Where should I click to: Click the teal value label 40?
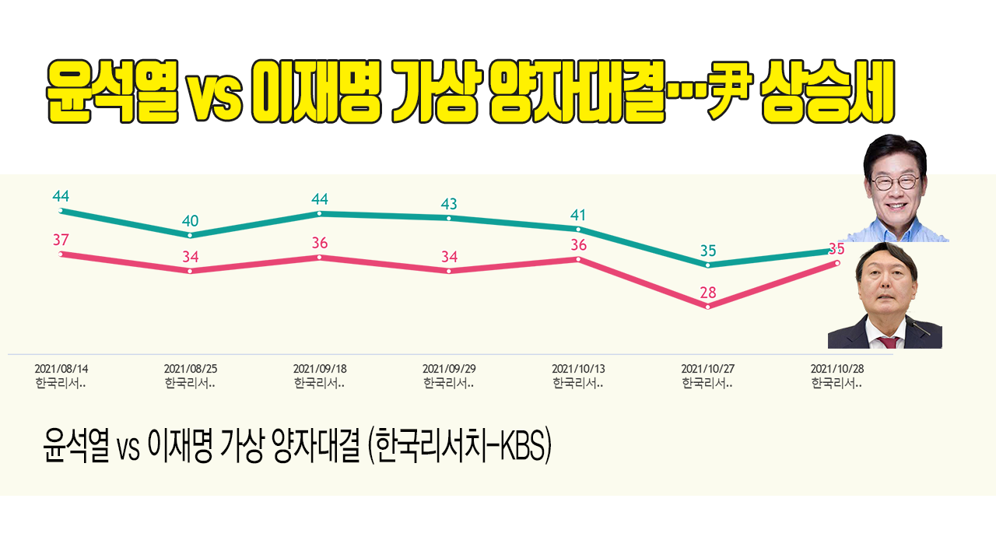(190, 220)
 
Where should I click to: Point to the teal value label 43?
(449, 204)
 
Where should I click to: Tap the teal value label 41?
(578, 215)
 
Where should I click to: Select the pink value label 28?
(707, 293)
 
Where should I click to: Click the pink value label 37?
(61, 240)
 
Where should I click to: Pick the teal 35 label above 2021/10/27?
(708, 251)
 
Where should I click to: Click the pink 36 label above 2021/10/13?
(578, 245)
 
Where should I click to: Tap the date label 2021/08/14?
(61, 368)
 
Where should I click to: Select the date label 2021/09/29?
(448, 368)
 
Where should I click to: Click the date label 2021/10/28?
(836, 368)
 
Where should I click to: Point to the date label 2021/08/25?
(190, 368)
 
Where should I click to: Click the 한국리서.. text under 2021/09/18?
(319, 383)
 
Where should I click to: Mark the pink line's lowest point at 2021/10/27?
(707, 307)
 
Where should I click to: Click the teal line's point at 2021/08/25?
(190, 235)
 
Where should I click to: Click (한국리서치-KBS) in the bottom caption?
(460, 449)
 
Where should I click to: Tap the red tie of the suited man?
(888, 341)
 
